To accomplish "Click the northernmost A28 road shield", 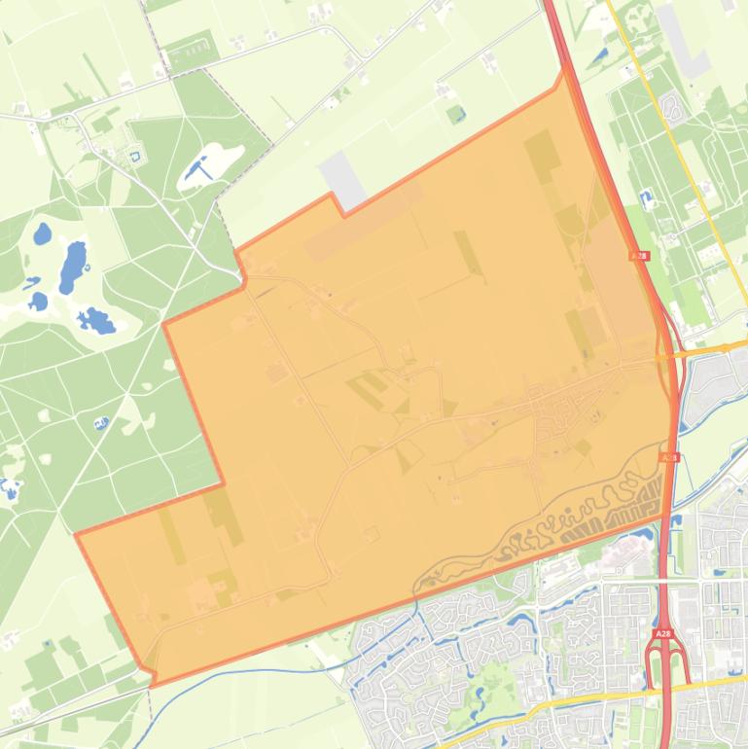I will (x=638, y=256).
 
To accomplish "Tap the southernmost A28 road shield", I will (x=662, y=634).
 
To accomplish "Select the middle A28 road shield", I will (x=668, y=456).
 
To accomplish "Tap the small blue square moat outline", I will (x=134, y=154).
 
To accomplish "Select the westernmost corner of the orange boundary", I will (x=76, y=534).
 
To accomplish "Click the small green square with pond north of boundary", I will (x=456, y=114).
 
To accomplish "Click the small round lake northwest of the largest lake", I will (x=42, y=233).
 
